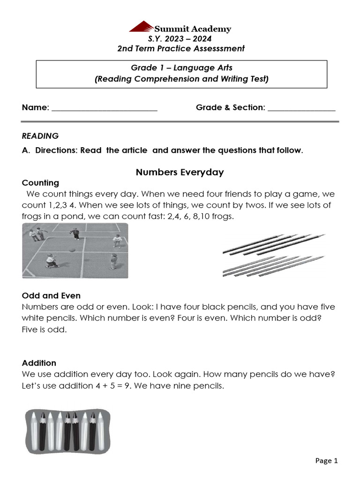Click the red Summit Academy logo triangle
pyautogui.click(x=142, y=27)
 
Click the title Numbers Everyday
pyautogui.click(x=180, y=172)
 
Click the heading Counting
pyautogui.click(x=40, y=183)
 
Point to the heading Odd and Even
pyautogui.click(x=51, y=296)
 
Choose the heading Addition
pyautogui.click(x=39, y=363)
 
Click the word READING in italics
pyautogui.click(x=40, y=136)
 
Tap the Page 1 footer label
pyautogui.click(x=326, y=461)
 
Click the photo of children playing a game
pyautogui.click(x=75, y=250)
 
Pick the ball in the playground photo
pyautogui.click(x=72, y=250)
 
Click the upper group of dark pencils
pyautogui.click(x=272, y=244)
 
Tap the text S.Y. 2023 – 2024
pyautogui.click(x=180, y=39)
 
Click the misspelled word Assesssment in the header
pyautogui.click(x=220, y=49)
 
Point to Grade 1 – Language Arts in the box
pyautogui.click(x=181, y=68)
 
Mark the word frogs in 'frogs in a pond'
pyautogui.click(x=33, y=217)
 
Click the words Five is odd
pyautogui.click(x=45, y=330)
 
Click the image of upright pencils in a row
pyautogui.click(x=67, y=430)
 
